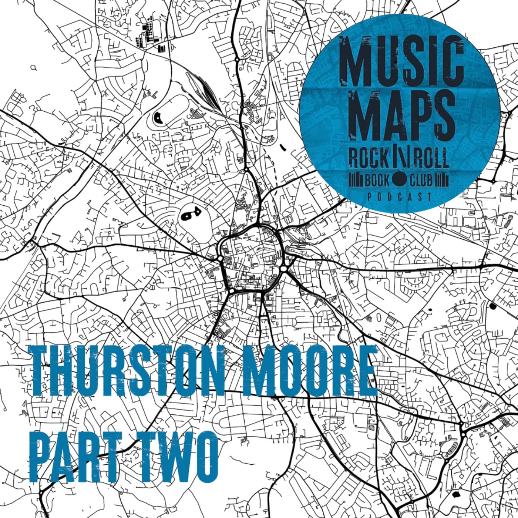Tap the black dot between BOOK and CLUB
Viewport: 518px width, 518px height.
coord(399,181)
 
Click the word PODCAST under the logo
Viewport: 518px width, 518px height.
coord(400,197)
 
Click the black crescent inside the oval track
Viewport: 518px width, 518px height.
coord(158,118)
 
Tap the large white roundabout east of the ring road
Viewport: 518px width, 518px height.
coord(284,268)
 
